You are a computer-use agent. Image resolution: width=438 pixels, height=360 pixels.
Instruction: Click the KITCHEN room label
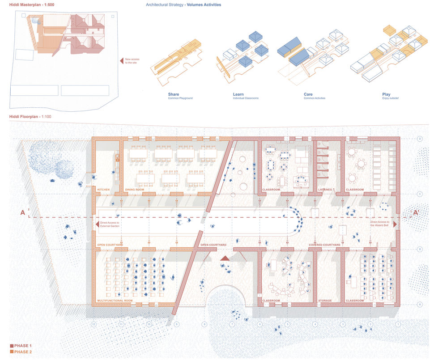103,190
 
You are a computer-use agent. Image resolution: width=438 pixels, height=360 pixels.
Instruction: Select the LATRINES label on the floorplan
325,190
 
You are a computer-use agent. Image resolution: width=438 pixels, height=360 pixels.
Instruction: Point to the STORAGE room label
325,301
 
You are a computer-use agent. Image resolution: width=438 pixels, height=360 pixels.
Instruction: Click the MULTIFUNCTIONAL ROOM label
115,301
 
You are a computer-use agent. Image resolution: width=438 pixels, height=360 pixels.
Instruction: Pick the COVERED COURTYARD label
325,245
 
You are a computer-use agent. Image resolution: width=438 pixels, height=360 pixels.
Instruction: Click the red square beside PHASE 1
12,346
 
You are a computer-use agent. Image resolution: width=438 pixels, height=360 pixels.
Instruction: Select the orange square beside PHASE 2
12,352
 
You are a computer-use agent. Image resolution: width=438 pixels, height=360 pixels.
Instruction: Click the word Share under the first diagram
174,94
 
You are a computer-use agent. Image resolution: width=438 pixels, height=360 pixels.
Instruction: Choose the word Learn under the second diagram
238,94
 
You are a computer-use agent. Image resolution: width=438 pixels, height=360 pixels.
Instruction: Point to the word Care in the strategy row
308,94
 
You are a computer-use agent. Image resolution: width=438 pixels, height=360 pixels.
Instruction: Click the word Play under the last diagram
386,94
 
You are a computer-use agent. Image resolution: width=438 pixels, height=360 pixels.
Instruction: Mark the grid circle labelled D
420,139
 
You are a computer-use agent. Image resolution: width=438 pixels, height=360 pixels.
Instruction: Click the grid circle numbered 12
94,323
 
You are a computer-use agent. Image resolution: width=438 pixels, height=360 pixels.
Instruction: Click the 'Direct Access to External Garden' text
110,224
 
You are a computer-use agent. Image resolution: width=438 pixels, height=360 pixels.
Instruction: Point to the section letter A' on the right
415,213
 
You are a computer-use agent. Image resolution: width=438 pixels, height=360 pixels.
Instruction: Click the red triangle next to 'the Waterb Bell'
395,224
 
